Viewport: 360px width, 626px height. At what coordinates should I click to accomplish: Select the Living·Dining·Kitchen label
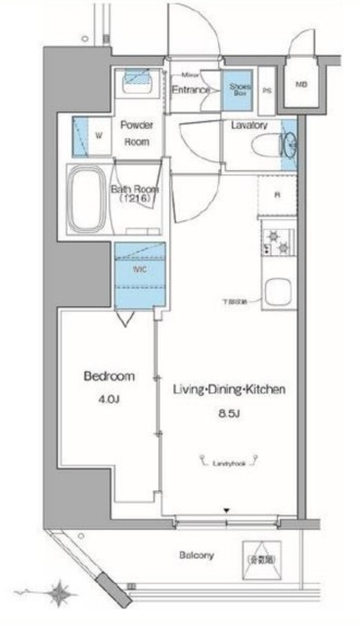click(229, 389)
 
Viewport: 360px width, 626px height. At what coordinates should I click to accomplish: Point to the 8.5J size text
click(228, 413)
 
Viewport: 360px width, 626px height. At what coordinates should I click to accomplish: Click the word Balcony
click(196, 556)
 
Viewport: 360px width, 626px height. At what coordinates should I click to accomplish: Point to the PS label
click(266, 89)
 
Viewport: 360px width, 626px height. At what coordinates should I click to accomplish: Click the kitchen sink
click(277, 293)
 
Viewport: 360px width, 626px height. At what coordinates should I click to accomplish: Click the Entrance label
click(192, 90)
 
